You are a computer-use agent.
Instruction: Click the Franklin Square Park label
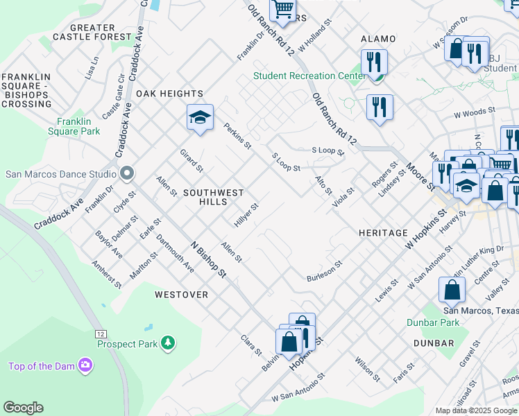click(74, 125)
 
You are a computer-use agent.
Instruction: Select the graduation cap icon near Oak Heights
click(200, 117)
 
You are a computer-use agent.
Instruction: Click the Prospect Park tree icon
click(167, 343)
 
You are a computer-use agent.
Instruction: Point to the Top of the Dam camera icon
click(85, 364)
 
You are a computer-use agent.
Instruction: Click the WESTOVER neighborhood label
click(181, 295)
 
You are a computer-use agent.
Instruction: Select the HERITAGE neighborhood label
click(383, 233)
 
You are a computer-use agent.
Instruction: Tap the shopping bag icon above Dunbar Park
click(452, 291)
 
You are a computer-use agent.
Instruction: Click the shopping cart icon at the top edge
click(282, 10)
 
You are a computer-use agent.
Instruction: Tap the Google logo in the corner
click(23, 408)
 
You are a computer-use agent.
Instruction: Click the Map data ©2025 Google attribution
click(476, 410)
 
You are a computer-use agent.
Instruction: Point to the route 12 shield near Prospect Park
click(101, 333)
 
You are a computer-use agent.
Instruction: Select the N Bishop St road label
click(208, 260)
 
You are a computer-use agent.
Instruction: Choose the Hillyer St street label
click(246, 215)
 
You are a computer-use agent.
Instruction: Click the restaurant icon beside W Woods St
click(380, 107)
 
